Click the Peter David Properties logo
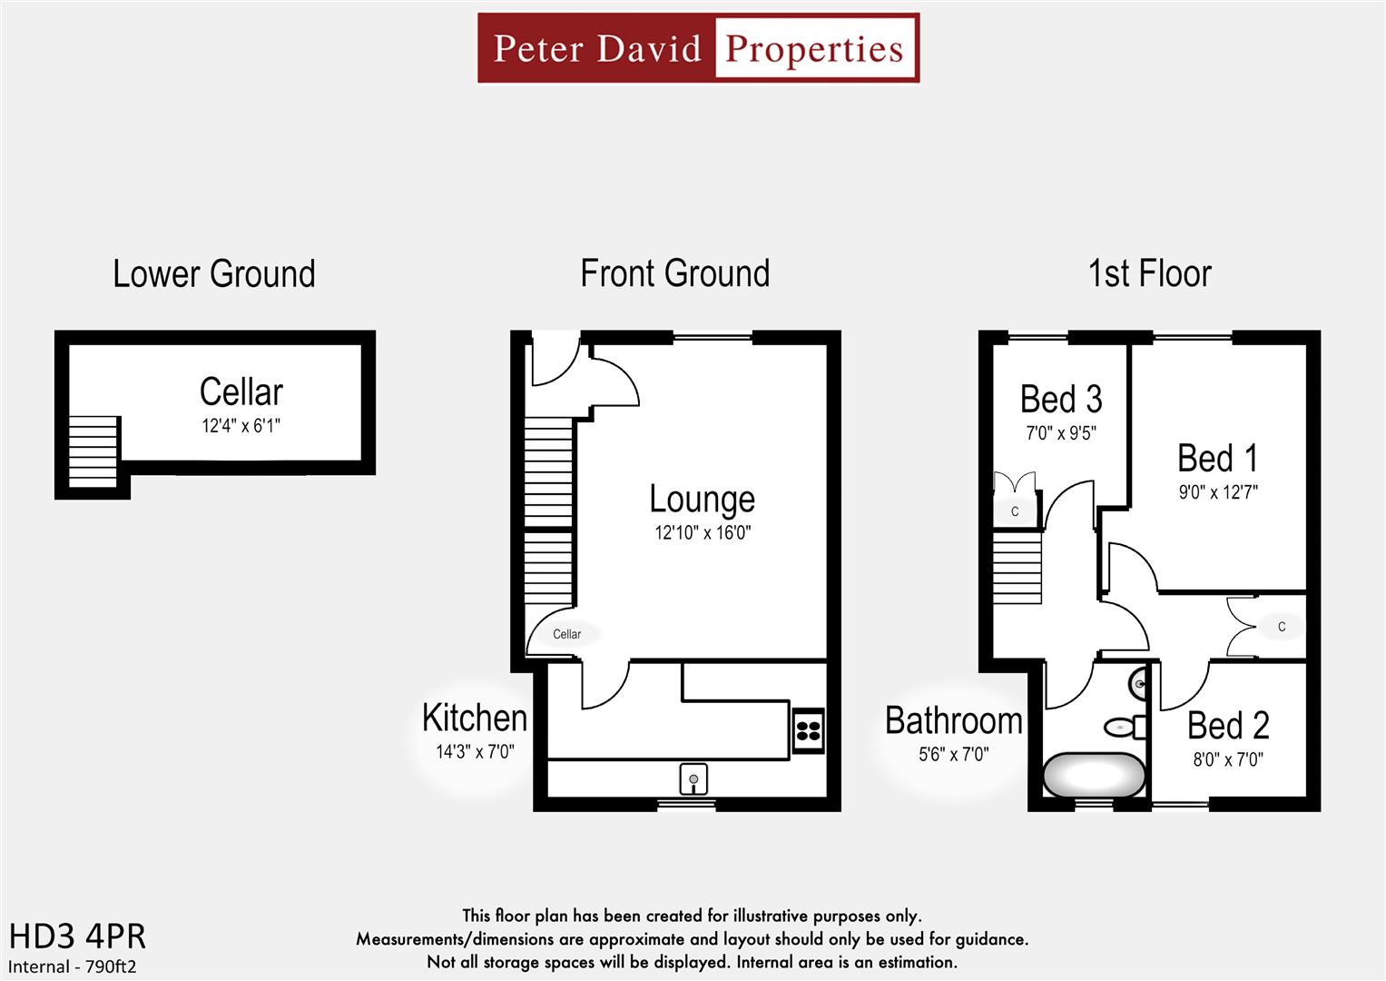click(x=698, y=48)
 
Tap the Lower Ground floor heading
click(x=213, y=273)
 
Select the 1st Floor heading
click(x=1149, y=273)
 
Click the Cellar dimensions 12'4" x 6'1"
click(x=241, y=425)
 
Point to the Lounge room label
click(x=702, y=499)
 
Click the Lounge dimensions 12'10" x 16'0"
click(x=703, y=532)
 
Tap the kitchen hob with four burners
click(x=808, y=730)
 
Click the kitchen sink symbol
click(x=693, y=778)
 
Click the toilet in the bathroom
click(x=1124, y=727)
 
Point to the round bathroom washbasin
click(x=1138, y=684)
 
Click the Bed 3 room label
click(x=1060, y=399)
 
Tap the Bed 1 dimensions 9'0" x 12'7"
click(x=1217, y=492)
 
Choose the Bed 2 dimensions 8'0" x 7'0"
click(x=1227, y=758)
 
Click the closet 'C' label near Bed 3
click(x=1015, y=511)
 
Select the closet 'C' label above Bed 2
click(x=1281, y=626)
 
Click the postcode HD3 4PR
click(x=77, y=936)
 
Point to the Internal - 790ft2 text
click(x=73, y=966)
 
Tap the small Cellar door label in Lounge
click(x=566, y=634)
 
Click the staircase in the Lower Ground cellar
click(x=93, y=451)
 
